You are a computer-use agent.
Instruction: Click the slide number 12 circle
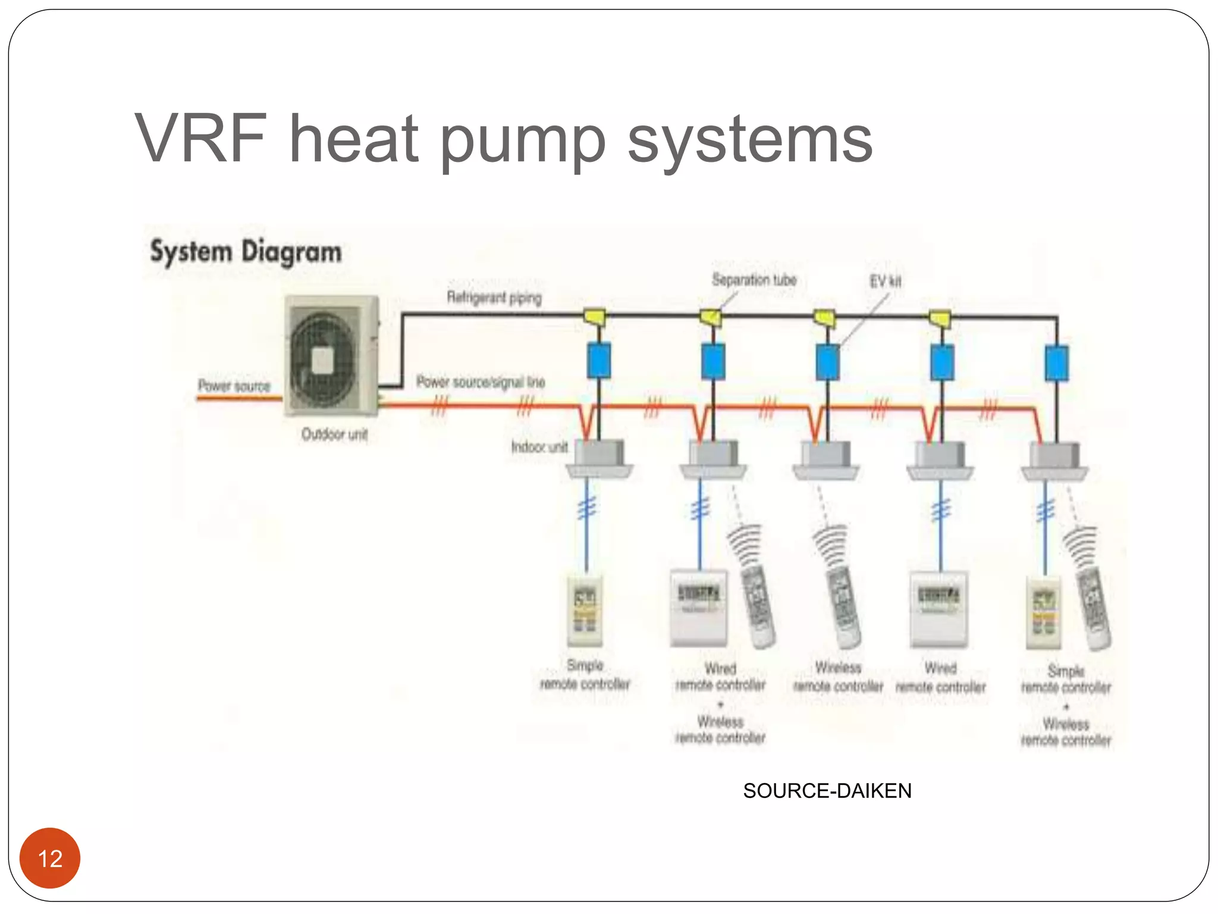click(50, 858)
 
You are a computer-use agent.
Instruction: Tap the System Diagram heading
click(246, 252)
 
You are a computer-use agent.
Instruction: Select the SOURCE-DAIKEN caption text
click(827, 791)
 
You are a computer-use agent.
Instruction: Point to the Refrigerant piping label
click(494, 297)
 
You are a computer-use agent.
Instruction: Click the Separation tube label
click(754, 280)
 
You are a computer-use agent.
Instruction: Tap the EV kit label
click(885, 281)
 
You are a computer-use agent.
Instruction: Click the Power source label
click(234, 386)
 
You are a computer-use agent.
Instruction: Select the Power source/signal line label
click(480, 382)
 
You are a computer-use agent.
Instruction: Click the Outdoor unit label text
click(334, 434)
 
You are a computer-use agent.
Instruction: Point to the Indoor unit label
click(539, 447)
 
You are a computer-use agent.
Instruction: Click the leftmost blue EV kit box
click(598, 361)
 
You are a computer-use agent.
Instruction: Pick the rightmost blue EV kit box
click(1056, 363)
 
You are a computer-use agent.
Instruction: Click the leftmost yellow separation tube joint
click(594, 316)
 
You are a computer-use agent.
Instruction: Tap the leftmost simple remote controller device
click(585, 611)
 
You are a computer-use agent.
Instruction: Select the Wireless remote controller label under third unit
click(838, 677)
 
